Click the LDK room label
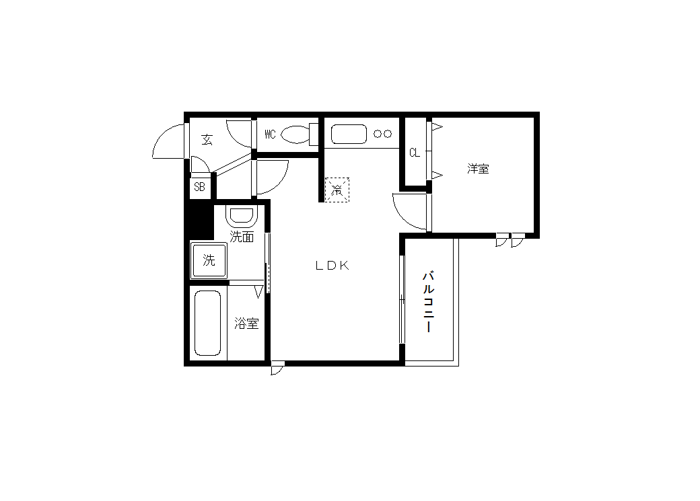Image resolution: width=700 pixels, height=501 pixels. pos(332,266)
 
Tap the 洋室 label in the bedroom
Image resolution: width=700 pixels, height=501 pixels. pos(478,169)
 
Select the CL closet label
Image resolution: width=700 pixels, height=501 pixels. pos(415,153)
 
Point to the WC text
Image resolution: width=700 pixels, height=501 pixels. pos(270,134)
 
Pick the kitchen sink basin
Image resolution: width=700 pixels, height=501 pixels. pos(349,134)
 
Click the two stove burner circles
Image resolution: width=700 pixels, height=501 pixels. pos(382,133)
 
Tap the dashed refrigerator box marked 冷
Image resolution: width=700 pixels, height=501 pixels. pos(337,190)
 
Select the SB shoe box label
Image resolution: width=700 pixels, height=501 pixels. pos(199,186)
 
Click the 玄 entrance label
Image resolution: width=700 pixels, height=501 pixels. pos(207,140)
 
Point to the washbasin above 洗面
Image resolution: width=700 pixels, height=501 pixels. pos(242,216)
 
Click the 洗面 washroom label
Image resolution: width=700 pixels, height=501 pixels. pos(242,237)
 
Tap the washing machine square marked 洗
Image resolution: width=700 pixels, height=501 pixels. pos(209,260)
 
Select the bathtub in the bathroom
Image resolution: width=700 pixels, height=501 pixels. pos(207,323)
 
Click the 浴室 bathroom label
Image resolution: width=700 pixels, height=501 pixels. pos(246,323)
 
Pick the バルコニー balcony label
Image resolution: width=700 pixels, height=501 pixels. pos(429,301)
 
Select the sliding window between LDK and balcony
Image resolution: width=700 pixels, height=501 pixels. pos(402,299)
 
